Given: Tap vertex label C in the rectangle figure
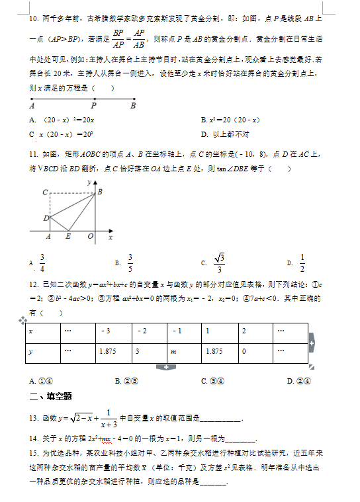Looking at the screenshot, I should click(x=44, y=192).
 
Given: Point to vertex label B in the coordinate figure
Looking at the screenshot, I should click(x=100, y=191).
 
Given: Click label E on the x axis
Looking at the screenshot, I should click(x=67, y=236).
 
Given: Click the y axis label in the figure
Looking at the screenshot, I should click(x=88, y=181).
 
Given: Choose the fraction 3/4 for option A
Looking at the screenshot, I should click(x=42, y=263).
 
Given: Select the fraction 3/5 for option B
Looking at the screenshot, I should click(x=130, y=263).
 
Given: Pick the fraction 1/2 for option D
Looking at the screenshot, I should click(x=302, y=263).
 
